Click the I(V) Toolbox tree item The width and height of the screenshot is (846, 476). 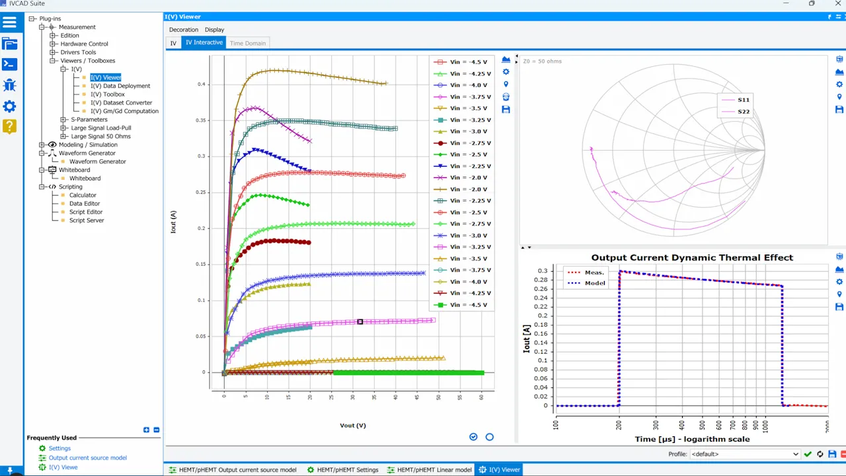click(107, 95)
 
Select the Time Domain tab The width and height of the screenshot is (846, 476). click(247, 43)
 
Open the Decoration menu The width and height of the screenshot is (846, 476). click(183, 30)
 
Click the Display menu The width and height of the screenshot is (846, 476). click(214, 30)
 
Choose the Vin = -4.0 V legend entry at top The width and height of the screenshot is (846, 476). click(468, 85)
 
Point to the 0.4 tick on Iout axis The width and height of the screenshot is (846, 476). click(202, 85)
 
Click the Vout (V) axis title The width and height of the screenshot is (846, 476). click(352, 425)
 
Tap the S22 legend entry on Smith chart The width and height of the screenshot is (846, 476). click(743, 112)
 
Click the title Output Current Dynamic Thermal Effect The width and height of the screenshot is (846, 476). click(691, 258)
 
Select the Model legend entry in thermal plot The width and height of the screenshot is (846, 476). click(594, 283)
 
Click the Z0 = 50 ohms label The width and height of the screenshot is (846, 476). click(542, 61)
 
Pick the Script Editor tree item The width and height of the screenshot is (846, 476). click(86, 212)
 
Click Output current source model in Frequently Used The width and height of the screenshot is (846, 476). click(87, 457)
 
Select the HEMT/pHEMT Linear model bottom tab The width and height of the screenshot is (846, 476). click(434, 469)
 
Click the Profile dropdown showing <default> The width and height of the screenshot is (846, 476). click(744, 454)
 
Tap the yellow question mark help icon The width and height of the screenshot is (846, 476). click(9, 126)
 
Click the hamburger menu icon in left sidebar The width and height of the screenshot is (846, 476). click(9, 22)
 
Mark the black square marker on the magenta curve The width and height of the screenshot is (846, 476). click(360, 322)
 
